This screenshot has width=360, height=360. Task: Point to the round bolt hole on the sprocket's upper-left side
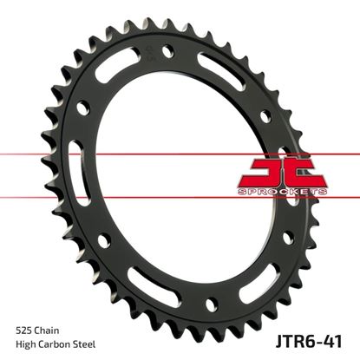point(82,108)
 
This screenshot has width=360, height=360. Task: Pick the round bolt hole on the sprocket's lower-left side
point(102,244)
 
